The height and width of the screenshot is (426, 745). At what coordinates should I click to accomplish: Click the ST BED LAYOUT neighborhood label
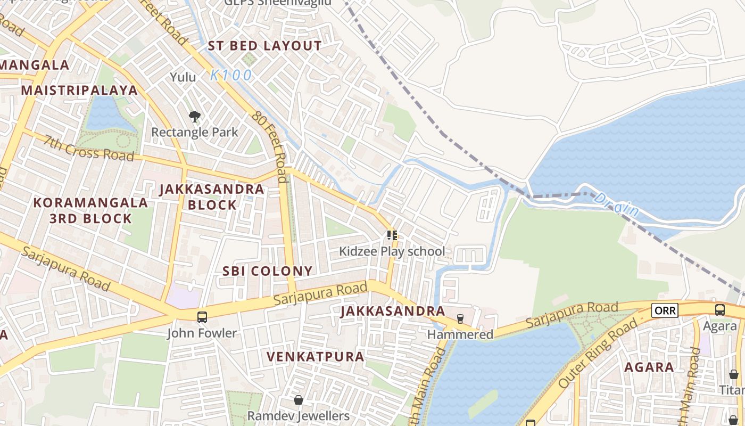coord(264,46)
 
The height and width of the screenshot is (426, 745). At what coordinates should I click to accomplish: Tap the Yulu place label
coord(183,77)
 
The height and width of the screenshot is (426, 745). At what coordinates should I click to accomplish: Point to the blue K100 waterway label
coord(231,76)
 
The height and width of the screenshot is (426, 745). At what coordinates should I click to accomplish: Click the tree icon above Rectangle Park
coord(195,116)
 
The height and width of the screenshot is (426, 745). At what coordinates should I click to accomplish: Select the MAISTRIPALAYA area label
coord(79,90)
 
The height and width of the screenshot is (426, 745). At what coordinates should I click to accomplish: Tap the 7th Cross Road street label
coord(89,149)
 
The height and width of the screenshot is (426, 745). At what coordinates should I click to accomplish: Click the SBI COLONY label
coord(267,271)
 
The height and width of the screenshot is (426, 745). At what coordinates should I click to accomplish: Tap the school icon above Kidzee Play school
coord(392,235)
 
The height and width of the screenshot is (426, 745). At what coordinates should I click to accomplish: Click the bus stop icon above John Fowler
coord(202,317)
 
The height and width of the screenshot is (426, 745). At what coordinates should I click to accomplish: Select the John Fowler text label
coord(202,333)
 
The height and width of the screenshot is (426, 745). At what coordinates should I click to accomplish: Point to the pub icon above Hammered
coord(460,319)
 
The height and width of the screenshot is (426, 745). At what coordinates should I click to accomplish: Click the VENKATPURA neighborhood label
coord(315,356)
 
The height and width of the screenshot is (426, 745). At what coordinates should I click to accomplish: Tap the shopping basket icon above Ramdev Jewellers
coord(299,400)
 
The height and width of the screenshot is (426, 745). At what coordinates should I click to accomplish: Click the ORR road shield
coord(665,310)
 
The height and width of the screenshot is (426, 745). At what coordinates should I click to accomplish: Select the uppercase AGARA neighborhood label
coord(649,367)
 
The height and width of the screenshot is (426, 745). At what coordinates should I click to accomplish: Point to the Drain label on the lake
coord(617,204)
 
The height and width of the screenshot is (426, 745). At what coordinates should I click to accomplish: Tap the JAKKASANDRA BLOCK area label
coord(212,197)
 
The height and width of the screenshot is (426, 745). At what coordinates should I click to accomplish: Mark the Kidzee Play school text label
coord(392,251)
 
